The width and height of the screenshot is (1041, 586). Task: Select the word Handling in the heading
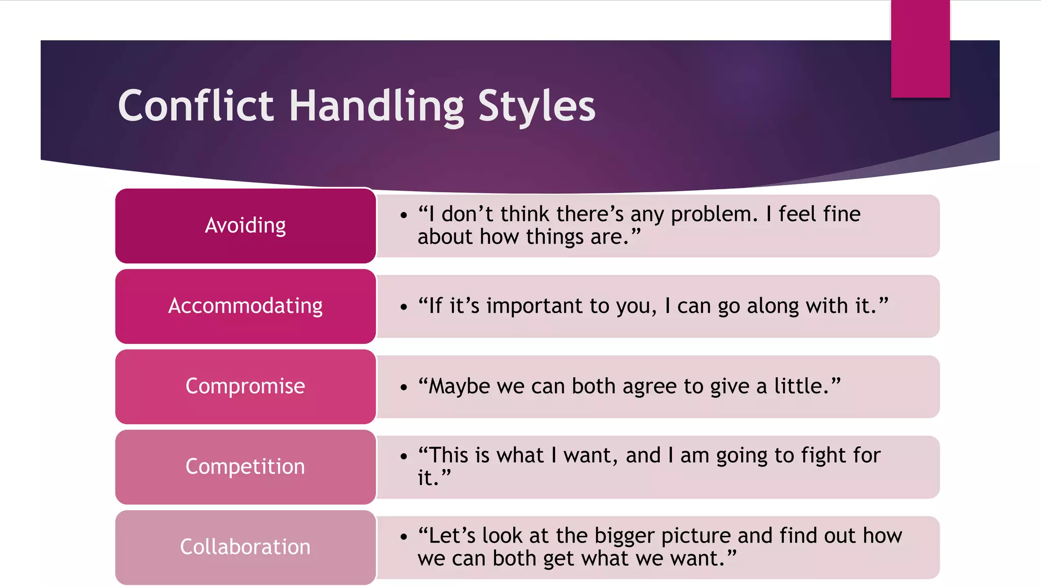(x=376, y=106)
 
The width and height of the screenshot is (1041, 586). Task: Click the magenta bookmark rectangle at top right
(x=920, y=49)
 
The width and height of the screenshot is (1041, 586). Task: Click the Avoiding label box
(x=246, y=225)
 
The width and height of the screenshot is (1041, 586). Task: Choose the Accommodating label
(x=246, y=306)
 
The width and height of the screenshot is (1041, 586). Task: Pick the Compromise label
(x=246, y=386)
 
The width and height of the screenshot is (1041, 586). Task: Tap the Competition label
(x=246, y=466)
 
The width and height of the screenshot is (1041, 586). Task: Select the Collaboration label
(x=246, y=547)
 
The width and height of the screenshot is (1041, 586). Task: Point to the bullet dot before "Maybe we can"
(x=404, y=387)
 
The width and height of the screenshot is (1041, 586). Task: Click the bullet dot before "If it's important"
(x=404, y=307)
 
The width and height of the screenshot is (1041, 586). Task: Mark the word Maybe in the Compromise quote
(x=460, y=387)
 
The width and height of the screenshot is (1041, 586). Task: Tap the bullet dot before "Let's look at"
(x=404, y=537)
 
